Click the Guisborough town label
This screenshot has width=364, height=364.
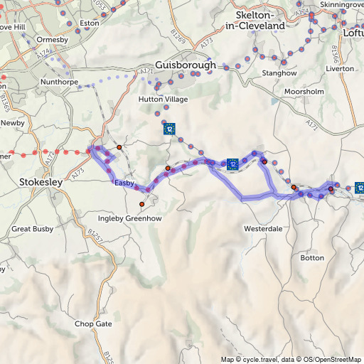click(x=185, y=65)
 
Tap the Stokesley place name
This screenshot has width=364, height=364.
click(x=43, y=182)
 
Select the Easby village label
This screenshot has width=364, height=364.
click(x=124, y=183)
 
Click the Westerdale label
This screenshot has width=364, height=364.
click(x=263, y=229)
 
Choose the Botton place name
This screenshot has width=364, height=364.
click(x=311, y=257)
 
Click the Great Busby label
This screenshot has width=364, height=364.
click(x=32, y=229)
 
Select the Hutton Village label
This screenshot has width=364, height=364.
click(x=164, y=100)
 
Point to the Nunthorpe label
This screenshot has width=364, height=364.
click(x=58, y=82)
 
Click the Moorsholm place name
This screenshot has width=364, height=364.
click(x=304, y=92)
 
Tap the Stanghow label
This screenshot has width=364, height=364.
click(x=279, y=73)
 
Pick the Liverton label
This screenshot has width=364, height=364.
click(x=339, y=69)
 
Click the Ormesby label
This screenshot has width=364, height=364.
click(x=53, y=40)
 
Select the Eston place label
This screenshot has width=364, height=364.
click(x=90, y=23)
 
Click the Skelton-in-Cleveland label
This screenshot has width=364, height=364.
click(x=255, y=20)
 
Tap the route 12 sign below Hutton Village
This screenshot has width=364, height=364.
click(x=169, y=129)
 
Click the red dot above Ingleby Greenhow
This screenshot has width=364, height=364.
click(x=142, y=204)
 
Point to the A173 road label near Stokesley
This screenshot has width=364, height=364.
click(x=79, y=171)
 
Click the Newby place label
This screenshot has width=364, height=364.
click(x=13, y=123)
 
